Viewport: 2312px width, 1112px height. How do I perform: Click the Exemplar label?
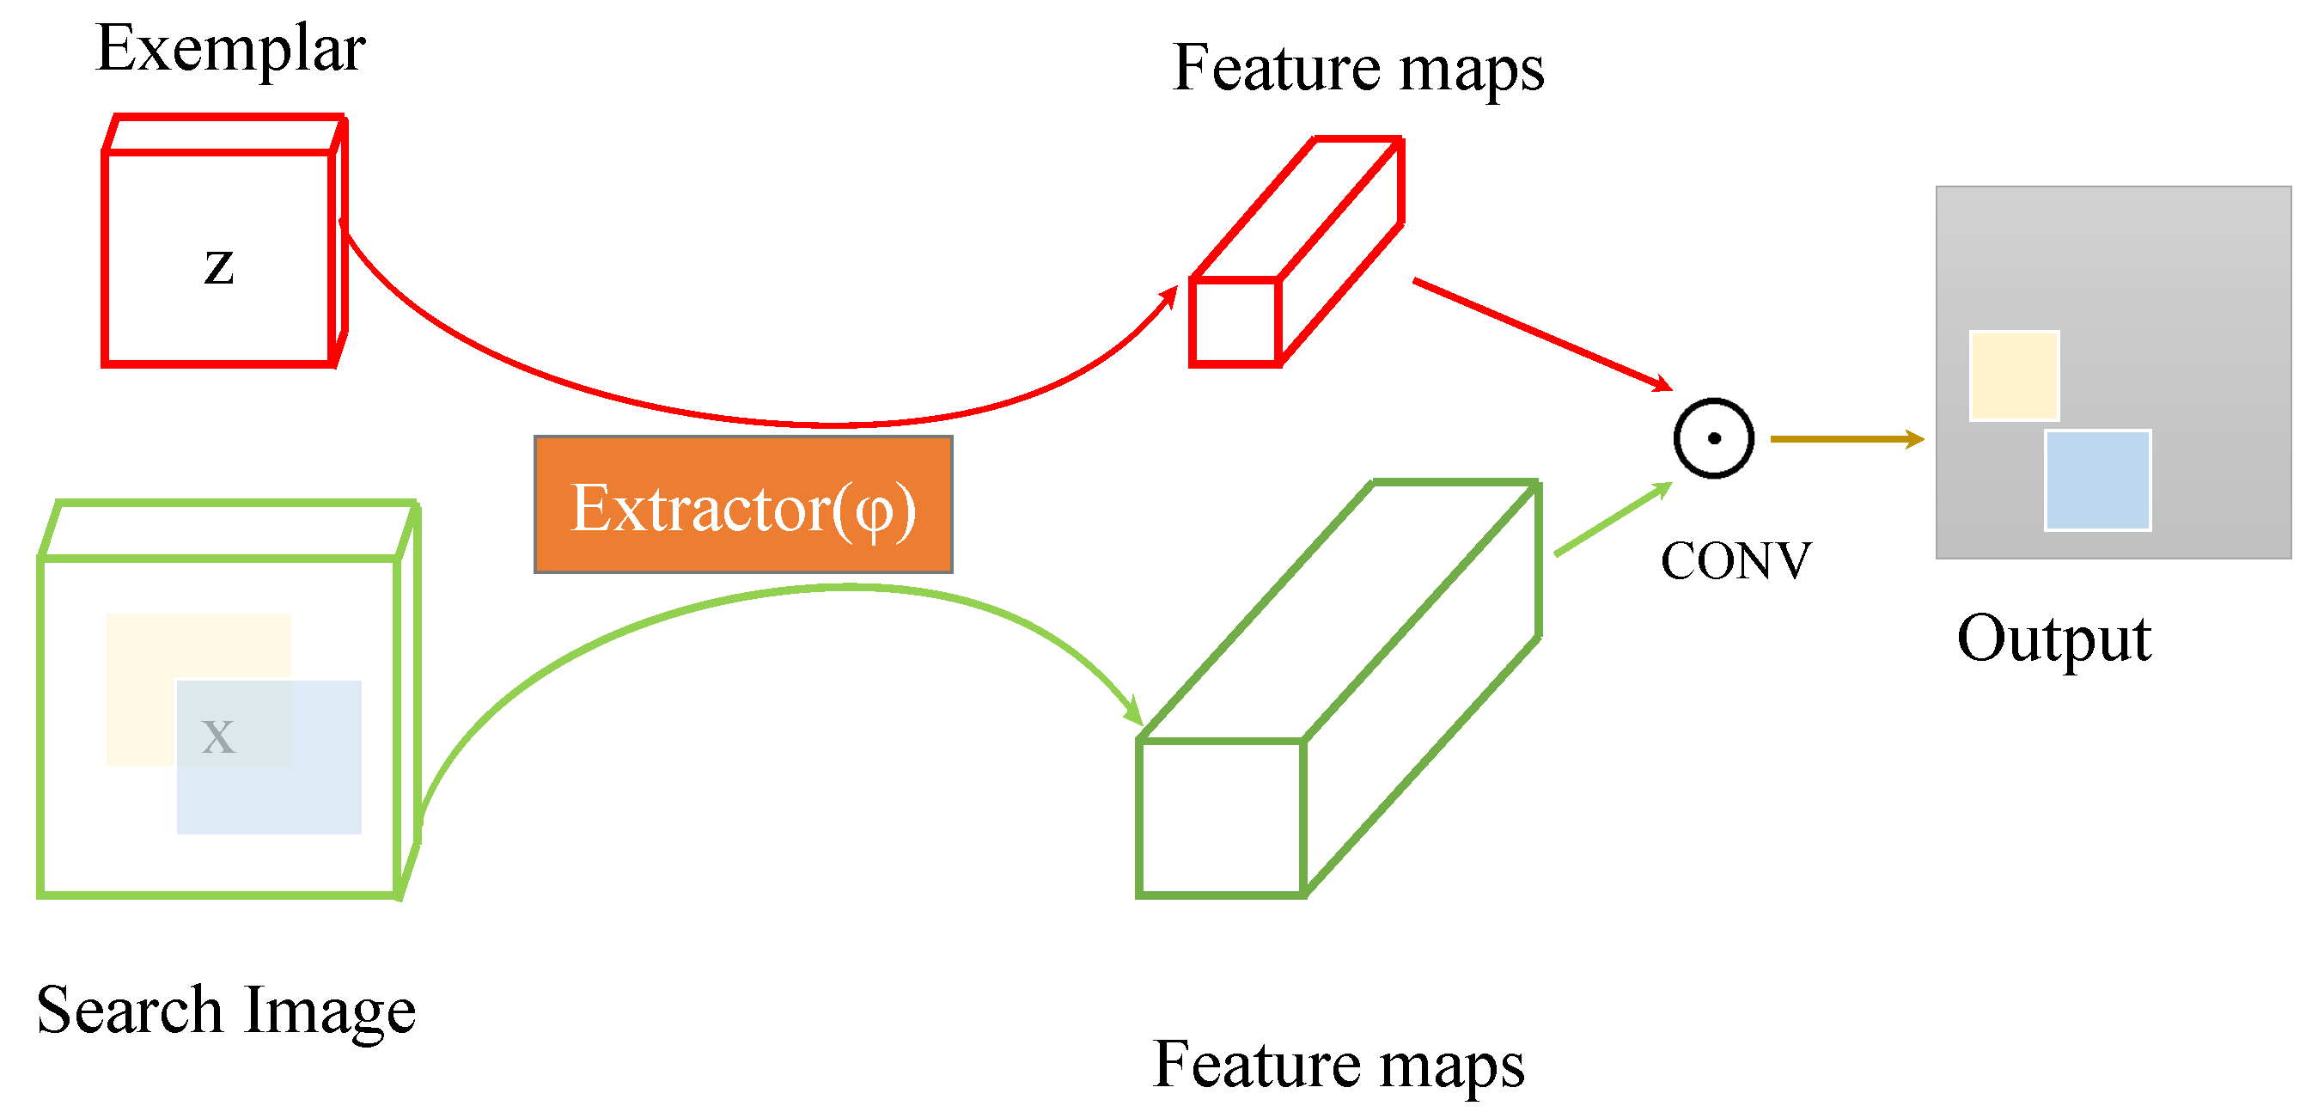tap(230, 49)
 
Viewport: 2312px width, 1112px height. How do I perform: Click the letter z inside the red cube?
tap(219, 267)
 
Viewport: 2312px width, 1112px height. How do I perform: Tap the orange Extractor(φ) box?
tap(743, 505)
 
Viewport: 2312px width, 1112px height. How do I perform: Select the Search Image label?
tap(226, 1011)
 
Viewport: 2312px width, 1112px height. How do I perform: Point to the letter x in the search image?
tap(218, 736)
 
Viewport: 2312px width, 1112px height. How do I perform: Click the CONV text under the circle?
tap(1735, 562)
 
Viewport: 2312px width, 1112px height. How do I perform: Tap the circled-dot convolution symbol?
tap(1713, 439)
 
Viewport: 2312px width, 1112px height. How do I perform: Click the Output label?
tap(2053, 639)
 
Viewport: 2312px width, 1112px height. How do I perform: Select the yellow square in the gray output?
tap(2014, 376)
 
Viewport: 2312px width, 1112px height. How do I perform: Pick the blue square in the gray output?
tap(2097, 480)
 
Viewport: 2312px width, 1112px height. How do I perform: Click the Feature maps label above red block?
tap(1358, 68)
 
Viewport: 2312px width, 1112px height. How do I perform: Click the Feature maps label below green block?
tap(1339, 1066)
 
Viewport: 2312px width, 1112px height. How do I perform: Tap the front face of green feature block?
tap(1221, 817)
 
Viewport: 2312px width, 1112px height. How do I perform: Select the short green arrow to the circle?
tap(1612, 520)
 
